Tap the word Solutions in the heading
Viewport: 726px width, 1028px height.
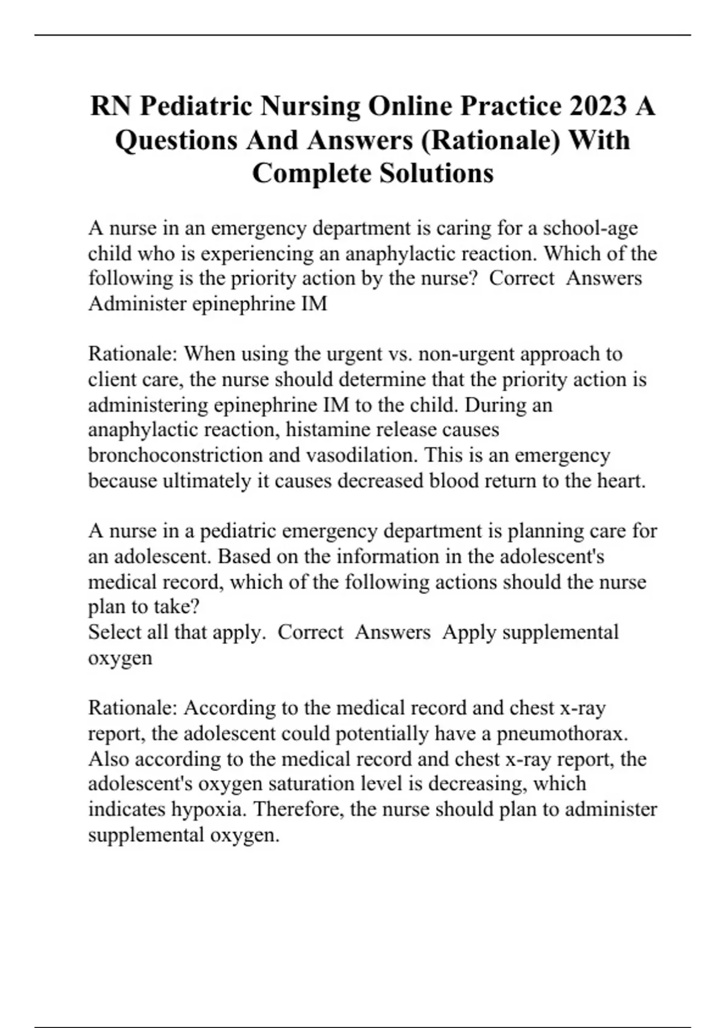(x=436, y=174)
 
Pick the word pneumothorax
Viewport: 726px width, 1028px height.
(x=562, y=734)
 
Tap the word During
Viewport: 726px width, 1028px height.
(x=495, y=405)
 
